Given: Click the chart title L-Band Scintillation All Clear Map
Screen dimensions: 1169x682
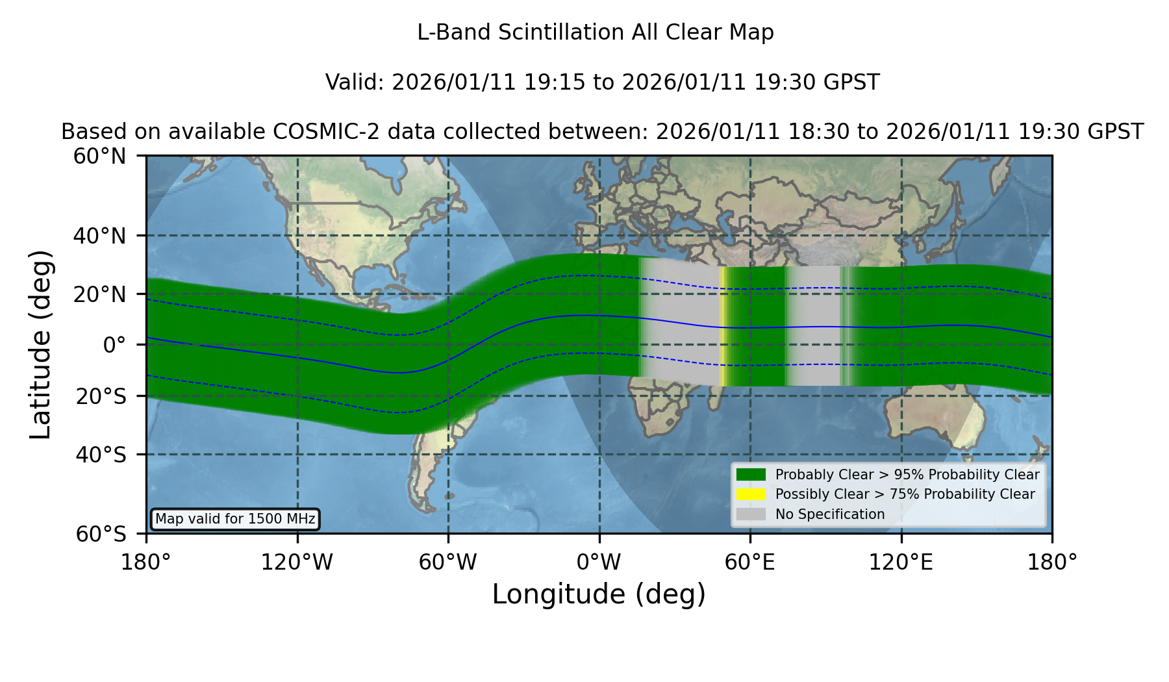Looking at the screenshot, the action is (596, 32).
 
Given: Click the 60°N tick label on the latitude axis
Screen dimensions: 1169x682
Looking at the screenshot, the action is (99, 157).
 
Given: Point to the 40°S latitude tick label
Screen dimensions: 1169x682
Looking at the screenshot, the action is (101, 455).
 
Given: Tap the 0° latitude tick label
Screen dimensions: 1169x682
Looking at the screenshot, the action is (114, 345).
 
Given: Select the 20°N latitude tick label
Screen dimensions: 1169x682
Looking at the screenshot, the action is (99, 294).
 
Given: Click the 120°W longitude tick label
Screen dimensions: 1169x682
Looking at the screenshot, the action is (297, 562).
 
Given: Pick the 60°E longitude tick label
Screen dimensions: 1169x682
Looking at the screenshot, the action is (750, 562).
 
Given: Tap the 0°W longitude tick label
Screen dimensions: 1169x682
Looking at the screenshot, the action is (599, 562).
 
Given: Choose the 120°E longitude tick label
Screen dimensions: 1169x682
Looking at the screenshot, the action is (901, 562).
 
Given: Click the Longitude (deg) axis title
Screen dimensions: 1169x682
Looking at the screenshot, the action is (599, 594).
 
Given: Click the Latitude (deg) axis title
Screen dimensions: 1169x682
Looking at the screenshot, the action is (41, 344).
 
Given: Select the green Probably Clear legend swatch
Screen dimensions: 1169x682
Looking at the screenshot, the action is (751, 475).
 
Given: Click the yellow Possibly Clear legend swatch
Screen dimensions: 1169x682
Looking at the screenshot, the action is (751, 494).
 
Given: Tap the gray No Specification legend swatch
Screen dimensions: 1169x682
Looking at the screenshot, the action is (751, 514).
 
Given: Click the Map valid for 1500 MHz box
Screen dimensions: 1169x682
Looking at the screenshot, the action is (235, 519).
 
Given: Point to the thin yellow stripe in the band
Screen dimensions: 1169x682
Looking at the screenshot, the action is (722, 327).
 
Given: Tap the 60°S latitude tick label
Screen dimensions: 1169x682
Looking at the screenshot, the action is (101, 535).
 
